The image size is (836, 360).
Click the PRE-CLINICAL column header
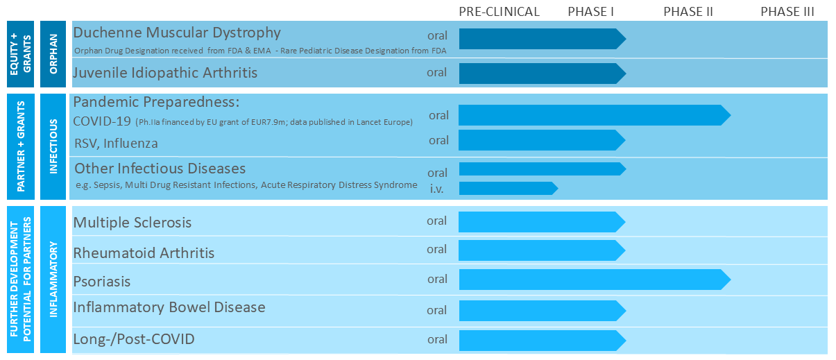pos(499,11)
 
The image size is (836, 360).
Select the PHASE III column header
pos(787,11)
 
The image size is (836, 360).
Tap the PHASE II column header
pos(688,11)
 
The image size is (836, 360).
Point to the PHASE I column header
pos(590,11)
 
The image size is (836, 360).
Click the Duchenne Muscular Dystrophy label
pos(177,33)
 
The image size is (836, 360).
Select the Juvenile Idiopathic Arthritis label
pos(165,72)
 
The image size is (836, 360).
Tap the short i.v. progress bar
pos(507,188)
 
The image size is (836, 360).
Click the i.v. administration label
pos(437,188)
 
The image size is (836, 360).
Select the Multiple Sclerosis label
pos(132,223)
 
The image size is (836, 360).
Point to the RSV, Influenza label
pos(115,144)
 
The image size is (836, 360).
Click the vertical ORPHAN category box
pos(53,53)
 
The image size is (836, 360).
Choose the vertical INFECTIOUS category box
pos(53,146)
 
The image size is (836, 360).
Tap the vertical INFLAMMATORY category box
pos(53,280)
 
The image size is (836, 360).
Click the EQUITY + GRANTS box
pos(19,53)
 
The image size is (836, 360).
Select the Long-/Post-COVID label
pos(133,339)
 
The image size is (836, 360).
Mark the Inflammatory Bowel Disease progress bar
pos(541,310)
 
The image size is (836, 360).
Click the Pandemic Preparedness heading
pos(156,101)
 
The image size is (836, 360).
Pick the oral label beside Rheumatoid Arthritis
pos(437,249)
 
